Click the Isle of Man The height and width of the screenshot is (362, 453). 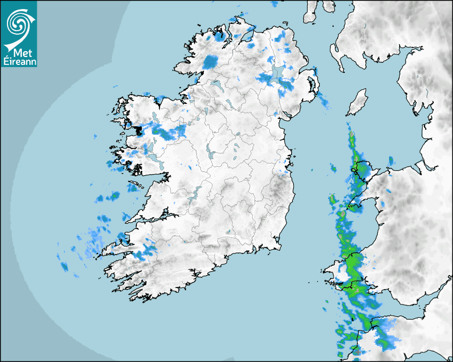pyautogui.click(x=357, y=103)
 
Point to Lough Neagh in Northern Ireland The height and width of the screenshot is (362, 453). pyautogui.click(x=277, y=74)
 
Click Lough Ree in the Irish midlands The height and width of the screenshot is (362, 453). pyautogui.click(x=209, y=152)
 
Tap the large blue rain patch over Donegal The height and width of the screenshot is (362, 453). pyautogui.click(x=211, y=61)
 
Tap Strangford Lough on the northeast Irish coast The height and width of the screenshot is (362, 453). pyautogui.click(x=313, y=85)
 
